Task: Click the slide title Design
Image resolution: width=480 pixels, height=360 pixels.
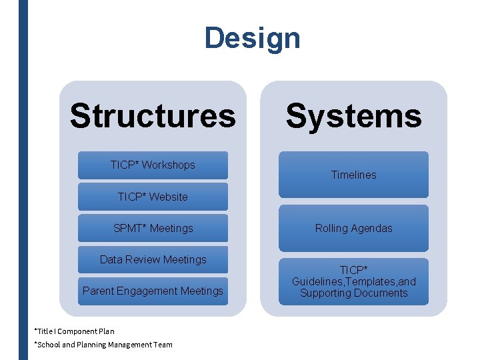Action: [252, 38]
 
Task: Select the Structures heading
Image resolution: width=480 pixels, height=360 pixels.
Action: [153, 115]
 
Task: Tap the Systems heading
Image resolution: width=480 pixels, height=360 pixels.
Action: [353, 115]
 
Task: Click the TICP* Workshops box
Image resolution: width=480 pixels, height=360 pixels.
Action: [153, 165]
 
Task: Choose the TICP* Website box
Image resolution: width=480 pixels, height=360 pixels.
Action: [153, 197]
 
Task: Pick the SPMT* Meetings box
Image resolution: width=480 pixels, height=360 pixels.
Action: [153, 228]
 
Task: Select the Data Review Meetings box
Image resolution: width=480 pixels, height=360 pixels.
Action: [153, 259]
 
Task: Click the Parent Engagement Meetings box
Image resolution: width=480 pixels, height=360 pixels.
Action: [153, 291]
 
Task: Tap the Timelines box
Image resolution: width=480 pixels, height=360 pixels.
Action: [353, 175]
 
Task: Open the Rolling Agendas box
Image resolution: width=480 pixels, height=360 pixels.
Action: [353, 228]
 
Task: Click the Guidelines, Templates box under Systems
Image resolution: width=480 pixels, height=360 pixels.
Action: [353, 281]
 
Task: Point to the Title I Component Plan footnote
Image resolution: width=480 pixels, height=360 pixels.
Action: [75, 331]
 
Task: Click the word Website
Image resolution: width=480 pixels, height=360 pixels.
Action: [169, 197]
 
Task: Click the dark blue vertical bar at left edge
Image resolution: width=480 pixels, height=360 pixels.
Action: [23, 180]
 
